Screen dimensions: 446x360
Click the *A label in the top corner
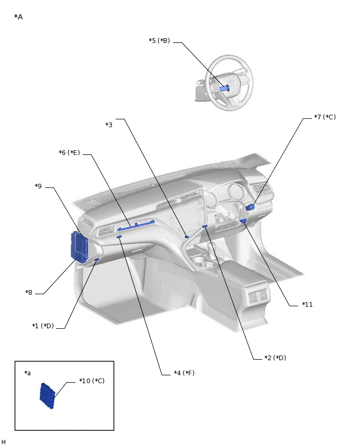click(18, 17)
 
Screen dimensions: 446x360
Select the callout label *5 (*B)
click(159, 40)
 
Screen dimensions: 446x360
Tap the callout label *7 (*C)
click(324, 117)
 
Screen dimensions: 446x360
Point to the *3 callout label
click(109, 125)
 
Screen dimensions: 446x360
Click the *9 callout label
click(38, 186)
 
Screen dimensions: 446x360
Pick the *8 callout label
click(29, 292)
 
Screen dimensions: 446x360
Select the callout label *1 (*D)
click(43, 326)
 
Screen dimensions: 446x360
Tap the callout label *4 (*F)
click(184, 373)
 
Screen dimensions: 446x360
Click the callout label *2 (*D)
click(275, 358)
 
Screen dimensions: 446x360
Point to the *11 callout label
click(307, 304)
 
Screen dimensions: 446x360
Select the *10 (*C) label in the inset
click(92, 381)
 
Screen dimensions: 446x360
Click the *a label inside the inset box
click(27, 373)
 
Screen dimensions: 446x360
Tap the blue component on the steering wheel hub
click(225, 88)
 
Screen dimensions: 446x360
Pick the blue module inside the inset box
click(47, 396)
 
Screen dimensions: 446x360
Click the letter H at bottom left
click(4, 442)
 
